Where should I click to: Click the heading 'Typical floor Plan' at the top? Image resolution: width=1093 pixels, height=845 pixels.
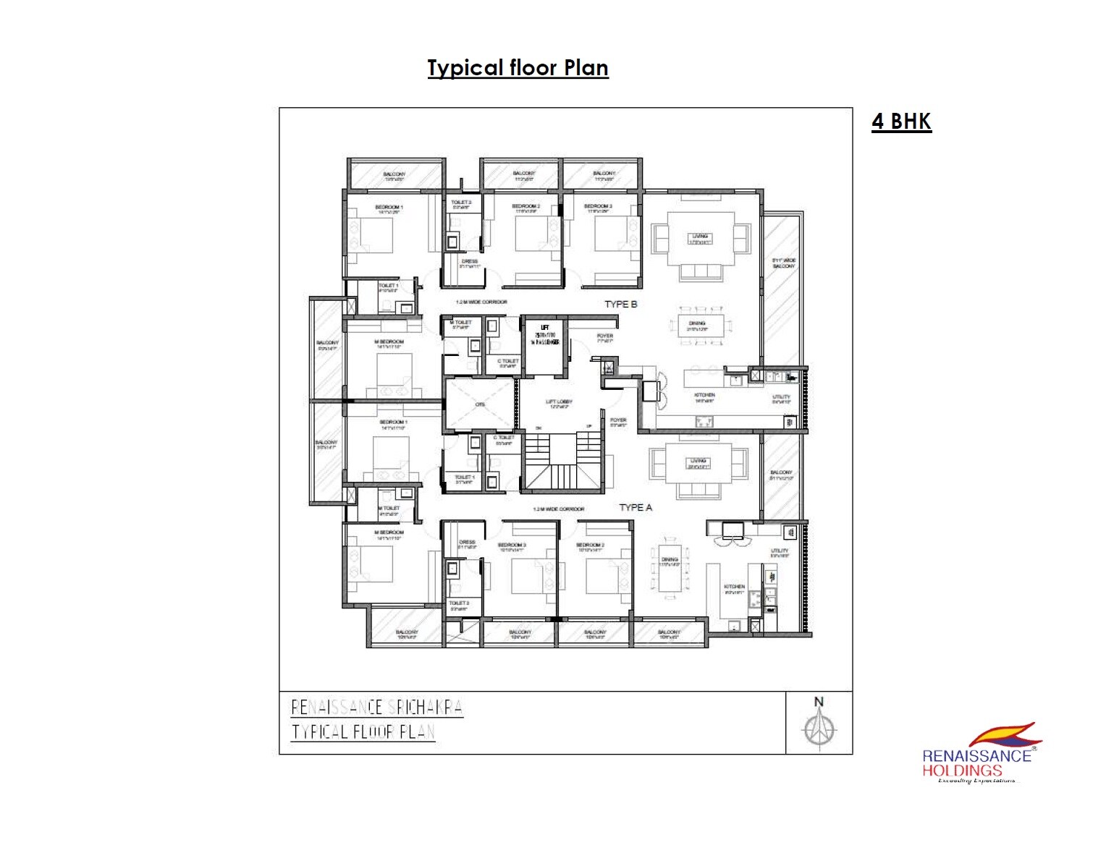[518, 68]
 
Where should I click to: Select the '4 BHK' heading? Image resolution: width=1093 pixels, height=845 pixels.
[901, 121]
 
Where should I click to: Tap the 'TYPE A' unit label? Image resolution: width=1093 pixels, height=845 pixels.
[636, 507]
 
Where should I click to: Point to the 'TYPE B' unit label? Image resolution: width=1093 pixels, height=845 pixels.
[621, 304]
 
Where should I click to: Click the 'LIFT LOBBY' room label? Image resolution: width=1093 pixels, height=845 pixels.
[559, 403]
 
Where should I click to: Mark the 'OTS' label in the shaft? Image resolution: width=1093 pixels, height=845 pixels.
[480, 404]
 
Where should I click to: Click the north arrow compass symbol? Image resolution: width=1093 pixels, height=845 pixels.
[819, 730]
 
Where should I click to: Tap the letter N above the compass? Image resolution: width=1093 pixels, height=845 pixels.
[819, 701]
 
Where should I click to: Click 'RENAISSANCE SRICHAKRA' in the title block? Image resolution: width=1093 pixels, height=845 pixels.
[376, 707]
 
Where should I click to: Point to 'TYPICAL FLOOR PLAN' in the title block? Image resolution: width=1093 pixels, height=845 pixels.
[363, 731]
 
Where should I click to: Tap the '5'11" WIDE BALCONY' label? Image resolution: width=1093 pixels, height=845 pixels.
[783, 263]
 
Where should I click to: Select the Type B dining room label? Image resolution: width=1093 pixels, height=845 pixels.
[697, 326]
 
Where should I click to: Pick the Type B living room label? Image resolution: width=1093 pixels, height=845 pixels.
[700, 239]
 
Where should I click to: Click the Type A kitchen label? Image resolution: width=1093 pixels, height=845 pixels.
[735, 589]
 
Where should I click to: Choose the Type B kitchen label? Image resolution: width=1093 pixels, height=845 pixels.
[704, 397]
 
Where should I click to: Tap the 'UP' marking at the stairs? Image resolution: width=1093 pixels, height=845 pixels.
[588, 426]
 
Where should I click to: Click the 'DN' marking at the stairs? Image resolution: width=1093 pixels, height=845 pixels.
[538, 428]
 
